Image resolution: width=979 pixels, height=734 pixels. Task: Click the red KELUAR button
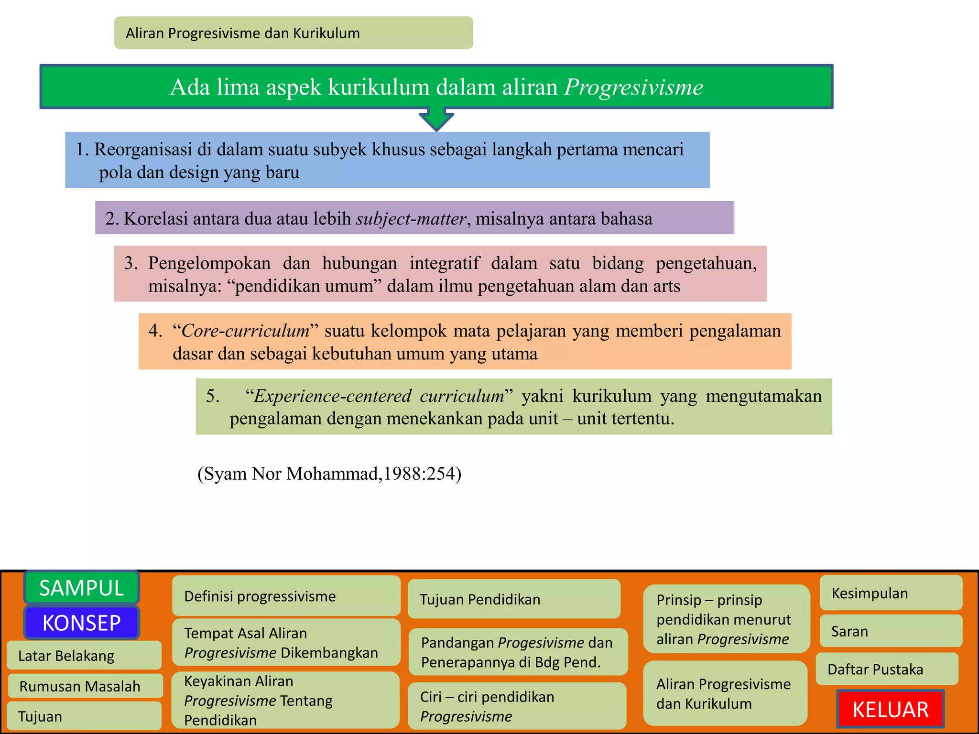pos(890,709)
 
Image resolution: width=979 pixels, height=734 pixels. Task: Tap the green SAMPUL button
pos(81,588)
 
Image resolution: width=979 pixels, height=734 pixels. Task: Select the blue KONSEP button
pos(81,623)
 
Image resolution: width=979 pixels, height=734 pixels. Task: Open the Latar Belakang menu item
pos(84,656)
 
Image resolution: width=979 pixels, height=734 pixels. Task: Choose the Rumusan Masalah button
pos(85,686)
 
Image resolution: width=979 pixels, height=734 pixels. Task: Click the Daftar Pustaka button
pos(887,669)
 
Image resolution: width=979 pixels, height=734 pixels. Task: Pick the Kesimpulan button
pos(891,593)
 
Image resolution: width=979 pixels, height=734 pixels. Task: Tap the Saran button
pos(891,631)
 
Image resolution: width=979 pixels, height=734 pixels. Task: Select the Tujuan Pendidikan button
pos(514,599)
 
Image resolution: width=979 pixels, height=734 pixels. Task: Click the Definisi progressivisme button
pos(286,596)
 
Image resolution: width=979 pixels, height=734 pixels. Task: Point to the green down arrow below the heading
pos(436,119)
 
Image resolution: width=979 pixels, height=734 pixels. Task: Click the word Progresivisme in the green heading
pos(633,87)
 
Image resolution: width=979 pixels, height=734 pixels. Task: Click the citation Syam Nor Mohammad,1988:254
pos(329,474)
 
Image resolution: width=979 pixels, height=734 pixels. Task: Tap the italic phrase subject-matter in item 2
pos(411,219)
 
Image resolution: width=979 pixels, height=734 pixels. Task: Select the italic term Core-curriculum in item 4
pos(245,331)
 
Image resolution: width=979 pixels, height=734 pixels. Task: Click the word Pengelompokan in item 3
pos(209,263)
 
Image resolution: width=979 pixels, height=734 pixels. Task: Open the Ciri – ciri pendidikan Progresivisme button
pos(517,706)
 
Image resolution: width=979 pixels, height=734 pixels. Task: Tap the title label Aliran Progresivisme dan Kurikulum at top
pos(243,33)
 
